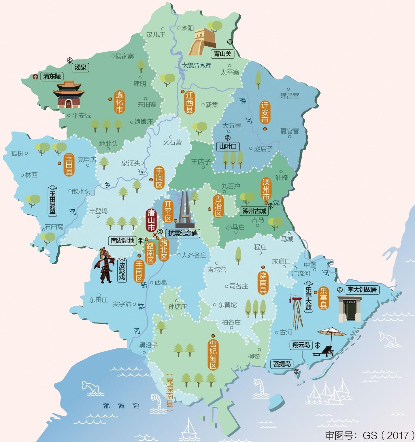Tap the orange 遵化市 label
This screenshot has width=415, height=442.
[119, 102]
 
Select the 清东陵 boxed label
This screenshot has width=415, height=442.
[52, 76]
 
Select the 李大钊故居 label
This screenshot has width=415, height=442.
[362, 289]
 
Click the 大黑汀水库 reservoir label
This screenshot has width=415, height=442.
[197, 66]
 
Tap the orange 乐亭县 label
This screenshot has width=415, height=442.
[324, 298]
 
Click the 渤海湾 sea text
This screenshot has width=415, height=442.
[121, 405]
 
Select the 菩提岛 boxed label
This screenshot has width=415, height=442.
[282, 364]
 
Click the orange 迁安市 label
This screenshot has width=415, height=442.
[265, 113]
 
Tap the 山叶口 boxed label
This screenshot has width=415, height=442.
[228, 146]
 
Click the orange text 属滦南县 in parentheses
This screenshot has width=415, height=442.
[170, 393]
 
